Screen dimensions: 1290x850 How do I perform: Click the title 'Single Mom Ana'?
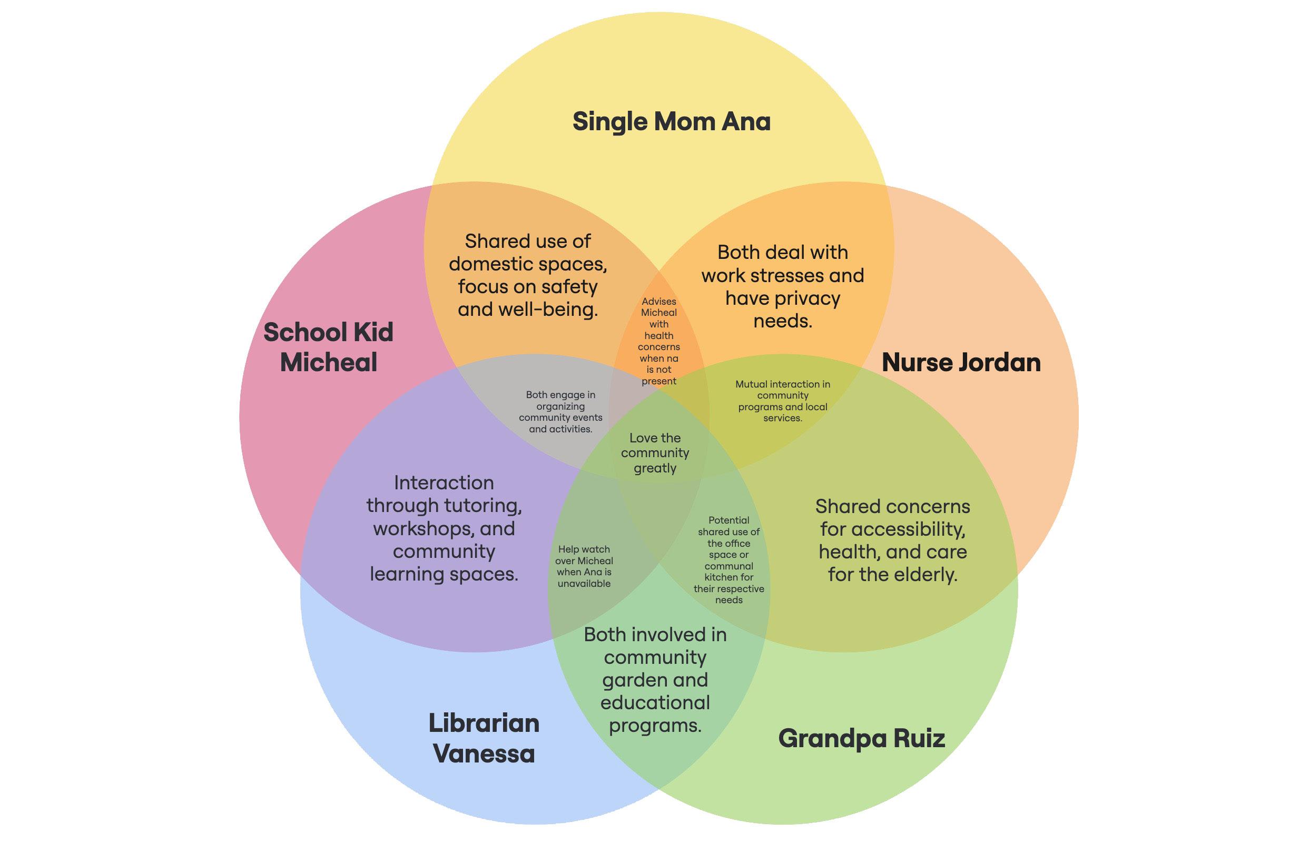coord(671,121)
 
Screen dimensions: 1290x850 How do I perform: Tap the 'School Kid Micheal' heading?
coord(328,347)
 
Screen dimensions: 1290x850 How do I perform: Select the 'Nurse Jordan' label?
coord(961,362)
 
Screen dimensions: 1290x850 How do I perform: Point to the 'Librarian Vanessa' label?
coord(484,738)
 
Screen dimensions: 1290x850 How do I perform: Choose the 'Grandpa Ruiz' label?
coord(861,738)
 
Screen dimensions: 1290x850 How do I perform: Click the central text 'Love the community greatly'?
coord(655,453)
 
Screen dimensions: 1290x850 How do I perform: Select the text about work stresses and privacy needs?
coord(782,286)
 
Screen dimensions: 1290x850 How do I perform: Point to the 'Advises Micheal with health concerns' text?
coord(658,341)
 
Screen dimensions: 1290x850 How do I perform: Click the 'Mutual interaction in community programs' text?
coord(782,401)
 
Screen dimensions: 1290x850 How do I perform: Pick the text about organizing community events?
coord(560,412)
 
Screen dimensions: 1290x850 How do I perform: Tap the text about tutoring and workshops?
coord(444,528)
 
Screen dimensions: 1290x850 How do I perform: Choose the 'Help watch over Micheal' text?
coord(584,566)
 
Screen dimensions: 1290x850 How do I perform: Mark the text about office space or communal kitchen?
coord(728,560)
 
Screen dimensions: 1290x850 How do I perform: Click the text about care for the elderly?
coord(892,540)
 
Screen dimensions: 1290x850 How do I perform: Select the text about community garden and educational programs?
coord(655,680)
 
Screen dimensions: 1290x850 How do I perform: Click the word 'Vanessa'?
coord(484,754)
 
